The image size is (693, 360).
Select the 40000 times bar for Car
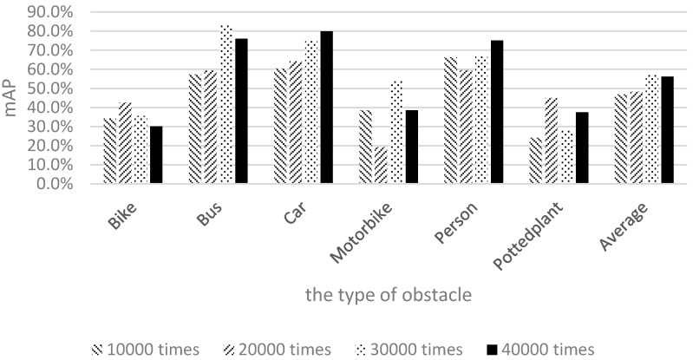click(x=325, y=108)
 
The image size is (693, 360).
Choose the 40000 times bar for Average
click(x=667, y=130)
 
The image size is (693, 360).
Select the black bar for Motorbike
click(x=411, y=147)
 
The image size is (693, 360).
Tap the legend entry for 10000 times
click(x=145, y=349)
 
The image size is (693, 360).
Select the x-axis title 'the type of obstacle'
click(x=388, y=295)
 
